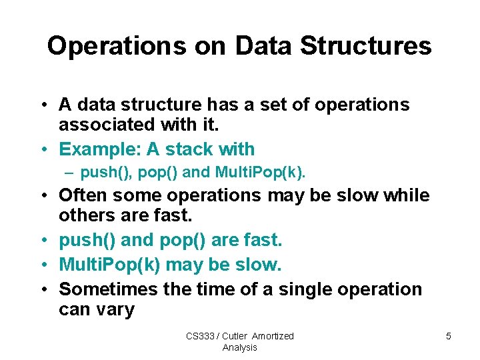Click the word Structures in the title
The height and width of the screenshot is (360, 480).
366,46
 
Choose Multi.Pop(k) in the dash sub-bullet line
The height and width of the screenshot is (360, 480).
259,173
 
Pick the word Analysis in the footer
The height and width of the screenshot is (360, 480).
239,347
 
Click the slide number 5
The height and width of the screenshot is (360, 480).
449,336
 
